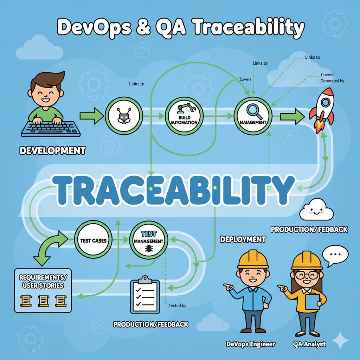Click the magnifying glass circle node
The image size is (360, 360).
pos(252,116)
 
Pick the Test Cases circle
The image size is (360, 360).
pos(93,240)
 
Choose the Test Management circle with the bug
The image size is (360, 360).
pos(148,241)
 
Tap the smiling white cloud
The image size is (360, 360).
pos(316,209)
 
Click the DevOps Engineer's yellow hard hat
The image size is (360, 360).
pos(253,261)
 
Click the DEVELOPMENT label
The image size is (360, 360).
pos(52,151)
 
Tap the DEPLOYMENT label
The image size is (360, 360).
pos(243,239)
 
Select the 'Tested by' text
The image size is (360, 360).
pos(177,306)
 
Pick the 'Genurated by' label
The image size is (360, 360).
pos(332,81)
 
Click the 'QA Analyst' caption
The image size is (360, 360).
pos(309,344)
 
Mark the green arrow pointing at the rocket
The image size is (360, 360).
pos(293,116)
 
